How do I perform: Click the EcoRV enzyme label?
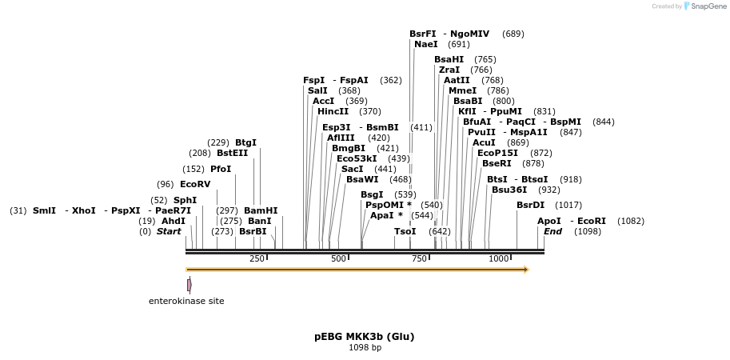(x=195, y=184)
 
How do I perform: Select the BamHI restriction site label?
(x=261, y=210)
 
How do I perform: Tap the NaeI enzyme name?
(x=426, y=45)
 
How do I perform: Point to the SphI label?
(x=185, y=200)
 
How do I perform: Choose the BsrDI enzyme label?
(x=530, y=205)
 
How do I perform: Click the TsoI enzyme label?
(x=405, y=231)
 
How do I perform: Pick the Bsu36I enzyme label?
(x=509, y=190)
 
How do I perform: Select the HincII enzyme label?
(x=333, y=112)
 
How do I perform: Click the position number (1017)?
(x=568, y=205)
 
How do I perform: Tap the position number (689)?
(x=513, y=34)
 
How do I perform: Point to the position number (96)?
(x=166, y=184)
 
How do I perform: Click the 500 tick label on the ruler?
(x=339, y=259)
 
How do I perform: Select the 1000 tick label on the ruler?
(x=499, y=259)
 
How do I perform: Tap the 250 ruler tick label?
(x=257, y=259)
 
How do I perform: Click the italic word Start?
(x=169, y=231)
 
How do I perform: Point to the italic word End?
(x=552, y=231)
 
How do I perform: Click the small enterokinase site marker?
(x=189, y=285)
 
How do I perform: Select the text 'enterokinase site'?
(x=186, y=302)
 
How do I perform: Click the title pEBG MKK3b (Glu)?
(x=365, y=337)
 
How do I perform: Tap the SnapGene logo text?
(x=704, y=6)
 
